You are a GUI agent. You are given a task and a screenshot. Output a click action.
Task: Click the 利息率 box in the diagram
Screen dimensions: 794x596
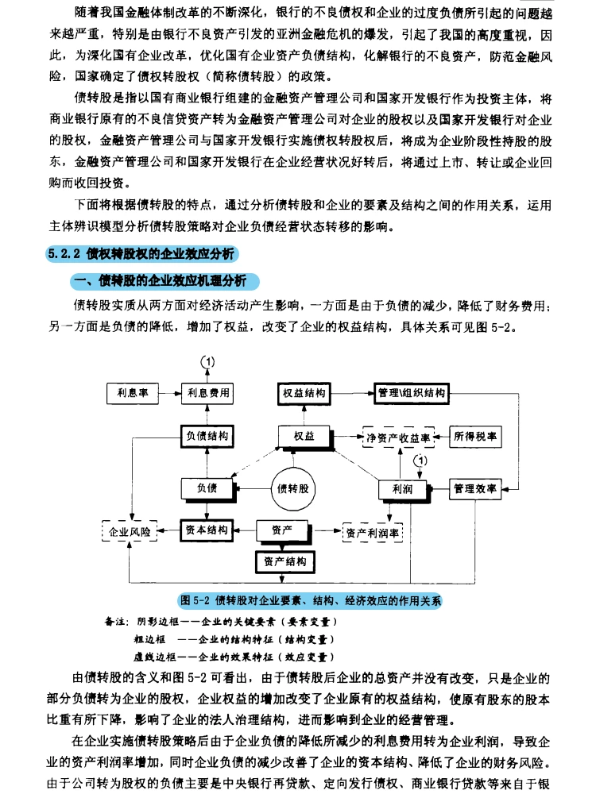(x=133, y=393)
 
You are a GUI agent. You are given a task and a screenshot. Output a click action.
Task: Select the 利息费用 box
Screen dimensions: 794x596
(x=207, y=393)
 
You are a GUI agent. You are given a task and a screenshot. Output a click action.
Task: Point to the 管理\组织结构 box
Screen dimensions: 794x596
(x=411, y=393)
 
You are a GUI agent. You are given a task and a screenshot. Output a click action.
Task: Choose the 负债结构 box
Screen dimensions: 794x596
(x=207, y=436)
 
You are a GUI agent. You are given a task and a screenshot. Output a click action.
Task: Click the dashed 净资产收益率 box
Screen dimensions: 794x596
(x=397, y=437)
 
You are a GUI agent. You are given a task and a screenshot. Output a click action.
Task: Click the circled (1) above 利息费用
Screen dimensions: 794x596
(x=207, y=361)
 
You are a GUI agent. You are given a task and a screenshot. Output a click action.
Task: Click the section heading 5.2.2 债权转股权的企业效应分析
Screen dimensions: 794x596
(x=142, y=254)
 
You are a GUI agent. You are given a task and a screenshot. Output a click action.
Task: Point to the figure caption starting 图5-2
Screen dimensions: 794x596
(x=311, y=600)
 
